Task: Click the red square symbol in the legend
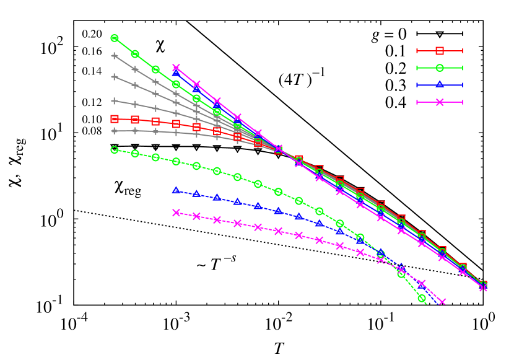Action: [440, 51]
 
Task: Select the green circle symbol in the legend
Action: [440, 68]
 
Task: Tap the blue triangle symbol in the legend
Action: [440, 85]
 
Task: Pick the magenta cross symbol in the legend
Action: [440, 102]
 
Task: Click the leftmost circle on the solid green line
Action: [115, 38]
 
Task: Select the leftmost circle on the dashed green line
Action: [115, 150]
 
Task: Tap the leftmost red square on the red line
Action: [115, 119]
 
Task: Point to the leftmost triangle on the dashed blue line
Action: [176, 190]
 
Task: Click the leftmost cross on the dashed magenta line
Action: [176, 213]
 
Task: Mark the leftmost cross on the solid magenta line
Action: [176, 68]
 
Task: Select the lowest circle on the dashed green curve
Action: [422, 298]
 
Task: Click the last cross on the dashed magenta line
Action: [442, 302]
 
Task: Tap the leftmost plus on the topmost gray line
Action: [115, 56]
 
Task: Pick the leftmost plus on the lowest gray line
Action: [115, 131]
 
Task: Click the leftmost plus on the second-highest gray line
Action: [115, 77]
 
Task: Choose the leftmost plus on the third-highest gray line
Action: [115, 100]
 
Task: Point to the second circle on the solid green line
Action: [135, 54]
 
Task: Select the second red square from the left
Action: [135, 120]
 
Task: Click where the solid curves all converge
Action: [279, 150]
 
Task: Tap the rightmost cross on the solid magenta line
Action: [483, 287]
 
